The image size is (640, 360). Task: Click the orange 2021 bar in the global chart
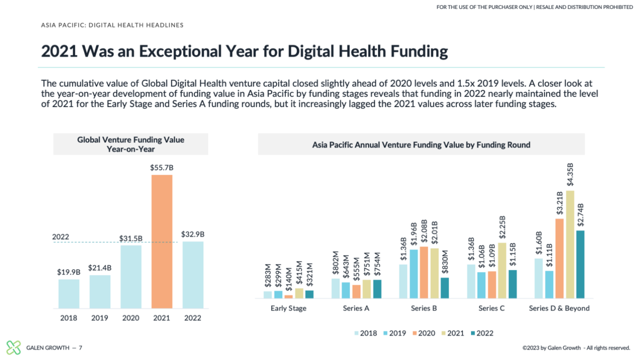pos(161,241)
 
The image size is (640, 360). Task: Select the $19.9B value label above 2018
pos(68,272)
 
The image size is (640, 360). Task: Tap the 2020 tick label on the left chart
pos(130,318)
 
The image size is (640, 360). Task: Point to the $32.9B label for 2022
pos(192,234)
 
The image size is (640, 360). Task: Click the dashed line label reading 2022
pos(61,237)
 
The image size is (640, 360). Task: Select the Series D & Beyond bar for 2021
pos(570,244)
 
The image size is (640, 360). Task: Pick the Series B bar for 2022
pos(444,288)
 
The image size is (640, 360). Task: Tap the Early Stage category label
pos(288,308)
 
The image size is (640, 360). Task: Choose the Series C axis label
pos(491,308)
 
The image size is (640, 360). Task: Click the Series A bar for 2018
pos(335,288)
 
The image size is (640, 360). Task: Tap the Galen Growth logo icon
pos(13,347)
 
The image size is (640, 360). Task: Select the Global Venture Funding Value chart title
pos(130,144)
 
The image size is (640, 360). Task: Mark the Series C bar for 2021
pos(502,270)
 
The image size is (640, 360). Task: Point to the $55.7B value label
pos(161,168)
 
